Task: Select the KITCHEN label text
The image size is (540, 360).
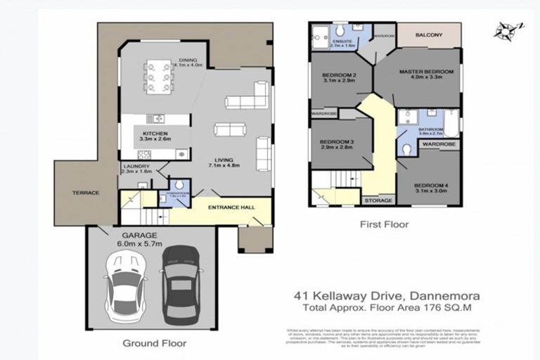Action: tap(157, 133)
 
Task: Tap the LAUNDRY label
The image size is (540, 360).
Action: tap(136, 166)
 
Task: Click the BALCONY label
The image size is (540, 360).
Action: tap(428, 34)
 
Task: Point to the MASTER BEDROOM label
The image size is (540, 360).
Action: tap(426, 72)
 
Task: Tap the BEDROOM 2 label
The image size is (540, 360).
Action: tap(338, 75)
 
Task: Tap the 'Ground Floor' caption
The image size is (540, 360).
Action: tap(155, 344)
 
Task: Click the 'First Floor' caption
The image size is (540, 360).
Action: tap(384, 225)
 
